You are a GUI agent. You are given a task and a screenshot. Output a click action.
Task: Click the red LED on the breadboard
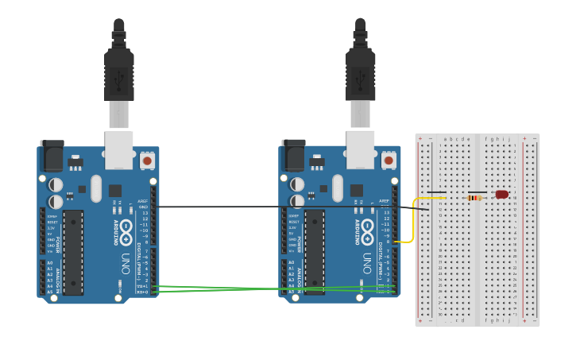tap(501, 194)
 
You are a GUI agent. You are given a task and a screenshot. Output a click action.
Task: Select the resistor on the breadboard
tap(475, 198)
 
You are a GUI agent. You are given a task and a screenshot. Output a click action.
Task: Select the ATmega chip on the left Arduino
tap(73, 252)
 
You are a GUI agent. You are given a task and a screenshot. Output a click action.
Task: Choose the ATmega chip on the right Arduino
tap(315, 252)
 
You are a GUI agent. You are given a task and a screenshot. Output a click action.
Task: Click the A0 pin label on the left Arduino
tap(49, 263)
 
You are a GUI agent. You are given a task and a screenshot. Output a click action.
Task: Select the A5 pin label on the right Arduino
tap(291, 292)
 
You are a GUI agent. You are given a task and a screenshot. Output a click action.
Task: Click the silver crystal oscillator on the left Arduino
tap(96, 188)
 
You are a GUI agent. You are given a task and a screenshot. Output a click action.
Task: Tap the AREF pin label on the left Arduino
tap(143, 201)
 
